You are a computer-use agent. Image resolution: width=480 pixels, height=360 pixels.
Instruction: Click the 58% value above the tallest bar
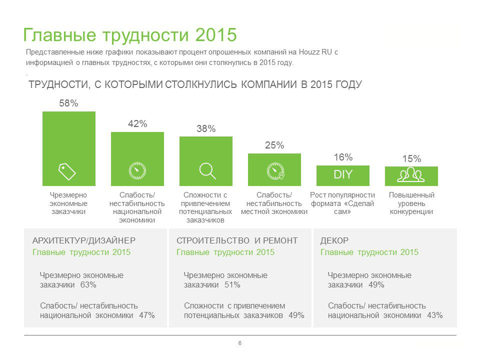click(68, 103)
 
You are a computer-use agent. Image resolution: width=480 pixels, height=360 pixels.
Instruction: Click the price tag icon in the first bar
click(67, 171)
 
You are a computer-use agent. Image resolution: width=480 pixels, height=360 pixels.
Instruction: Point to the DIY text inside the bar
click(343, 175)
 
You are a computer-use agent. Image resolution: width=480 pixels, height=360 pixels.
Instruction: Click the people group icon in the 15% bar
click(411, 174)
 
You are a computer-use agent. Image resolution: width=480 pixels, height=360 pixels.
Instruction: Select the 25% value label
click(274, 145)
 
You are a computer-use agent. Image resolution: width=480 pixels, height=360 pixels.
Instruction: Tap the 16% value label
click(343, 157)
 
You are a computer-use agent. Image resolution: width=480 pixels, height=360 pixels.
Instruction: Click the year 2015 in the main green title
click(216, 35)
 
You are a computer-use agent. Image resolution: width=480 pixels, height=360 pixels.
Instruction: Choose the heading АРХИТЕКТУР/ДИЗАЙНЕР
click(84, 240)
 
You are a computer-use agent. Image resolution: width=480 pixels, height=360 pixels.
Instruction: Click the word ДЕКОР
click(334, 240)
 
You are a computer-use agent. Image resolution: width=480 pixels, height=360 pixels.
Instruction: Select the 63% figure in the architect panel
click(88, 285)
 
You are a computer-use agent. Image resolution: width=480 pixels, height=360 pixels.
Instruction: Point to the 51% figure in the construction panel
click(232, 285)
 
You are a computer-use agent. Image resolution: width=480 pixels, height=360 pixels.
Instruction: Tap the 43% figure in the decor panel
click(435, 315)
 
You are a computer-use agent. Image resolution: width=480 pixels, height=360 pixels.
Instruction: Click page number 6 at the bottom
click(240, 343)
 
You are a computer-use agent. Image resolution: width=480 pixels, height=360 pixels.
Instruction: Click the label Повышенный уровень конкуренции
click(411, 203)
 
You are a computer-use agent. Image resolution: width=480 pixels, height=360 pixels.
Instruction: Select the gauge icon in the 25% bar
click(274, 170)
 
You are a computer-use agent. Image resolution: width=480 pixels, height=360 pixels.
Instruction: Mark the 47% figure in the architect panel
click(147, 315)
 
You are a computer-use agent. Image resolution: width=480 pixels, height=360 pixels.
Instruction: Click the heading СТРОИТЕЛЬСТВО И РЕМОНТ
click(237, 240)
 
